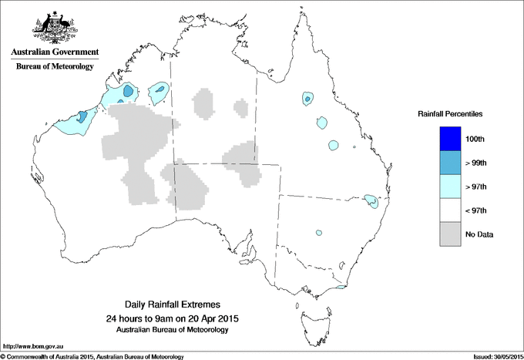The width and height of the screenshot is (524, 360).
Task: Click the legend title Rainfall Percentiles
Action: pyautogui.click(x=450, y=113)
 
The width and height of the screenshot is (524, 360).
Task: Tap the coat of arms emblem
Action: pyautogui.click(x=54, y=27)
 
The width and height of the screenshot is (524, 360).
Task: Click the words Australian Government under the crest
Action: pyautogui.click(x=55, y=52)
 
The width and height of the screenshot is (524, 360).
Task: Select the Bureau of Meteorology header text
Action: pyautogui.click(x=55, y=67)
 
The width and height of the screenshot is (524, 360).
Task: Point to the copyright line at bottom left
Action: pyautogui.click(x=92, y=356)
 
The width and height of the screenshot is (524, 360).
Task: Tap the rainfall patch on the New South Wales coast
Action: pyautogui.click(x=371, y=200)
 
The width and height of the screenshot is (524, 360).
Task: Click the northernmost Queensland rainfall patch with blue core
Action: pyautogui.click(x=307, y=99)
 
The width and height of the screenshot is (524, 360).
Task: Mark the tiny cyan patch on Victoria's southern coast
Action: pyautogui.click(x=339, y=288)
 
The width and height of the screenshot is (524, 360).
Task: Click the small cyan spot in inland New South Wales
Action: pyautogui.click(x=317, y=232)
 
